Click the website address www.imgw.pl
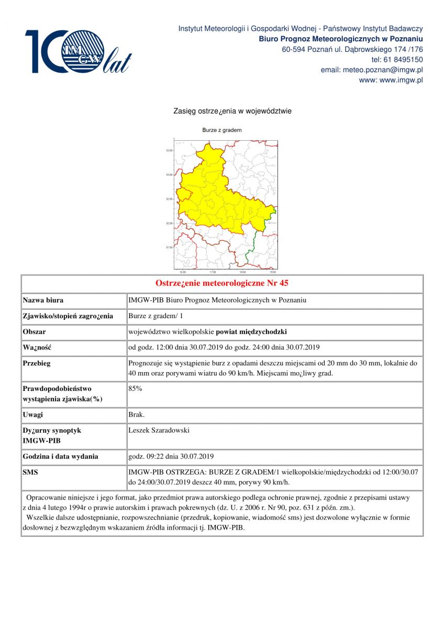[x=401, y=80]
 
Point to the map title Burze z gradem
[x=222, y=130]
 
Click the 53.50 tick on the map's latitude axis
[x=169, y=151]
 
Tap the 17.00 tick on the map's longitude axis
[x=213, y=272]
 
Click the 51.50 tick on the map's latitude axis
[x=169, y=247]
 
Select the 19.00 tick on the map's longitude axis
[x=272, y=272]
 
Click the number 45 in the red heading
[x=283, y=283]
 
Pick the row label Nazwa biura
[x=43, y=300]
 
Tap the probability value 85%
[x=135, y=389]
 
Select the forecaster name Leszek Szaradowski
[x=159, y=430]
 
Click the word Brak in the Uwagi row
[x=136, y=414]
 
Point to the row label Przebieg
[x=37, y=363]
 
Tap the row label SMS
[x=30, y=472]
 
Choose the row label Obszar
[x=34, y=332]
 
